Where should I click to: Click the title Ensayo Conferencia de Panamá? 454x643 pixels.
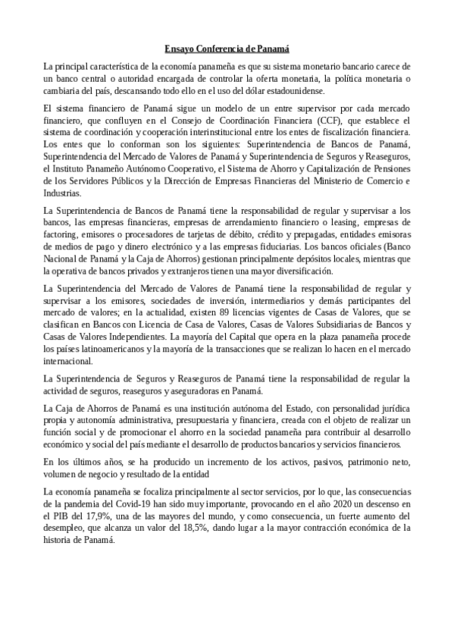pos(227,48)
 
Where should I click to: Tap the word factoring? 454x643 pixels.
pos(63,236)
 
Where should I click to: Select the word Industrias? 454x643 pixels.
pos(64,193)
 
